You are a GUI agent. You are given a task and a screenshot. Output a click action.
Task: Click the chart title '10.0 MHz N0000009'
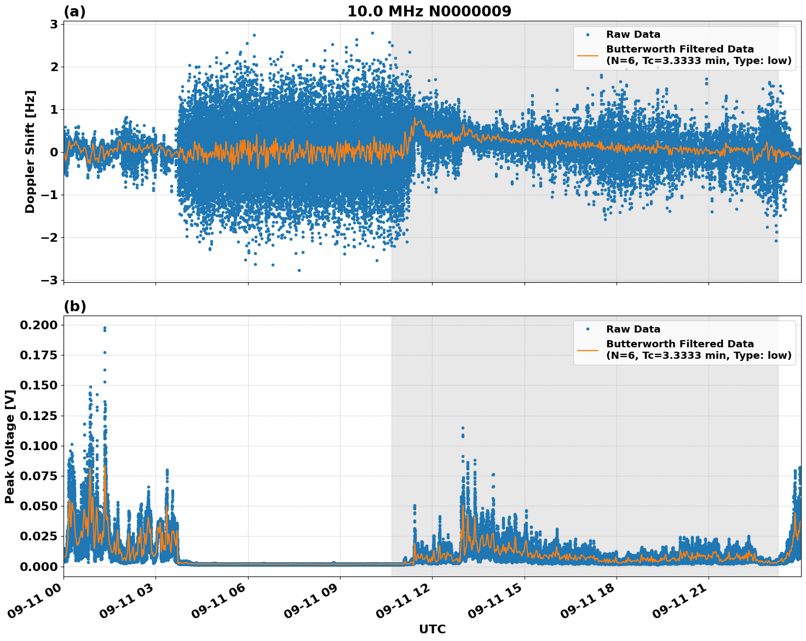coord(429,11)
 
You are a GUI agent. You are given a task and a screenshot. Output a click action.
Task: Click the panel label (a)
coord(74,11)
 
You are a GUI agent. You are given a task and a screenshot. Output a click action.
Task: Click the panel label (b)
coord(74,306)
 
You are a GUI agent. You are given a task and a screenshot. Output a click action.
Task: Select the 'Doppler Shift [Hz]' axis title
coord(30,151)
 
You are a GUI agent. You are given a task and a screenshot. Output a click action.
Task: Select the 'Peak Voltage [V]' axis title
coord(9,446)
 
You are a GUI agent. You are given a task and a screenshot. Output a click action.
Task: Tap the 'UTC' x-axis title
coord(432,630)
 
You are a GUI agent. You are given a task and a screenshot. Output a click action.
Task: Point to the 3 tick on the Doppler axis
coord(54,24)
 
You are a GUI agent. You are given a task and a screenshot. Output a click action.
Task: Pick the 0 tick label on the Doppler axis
coord(54,152)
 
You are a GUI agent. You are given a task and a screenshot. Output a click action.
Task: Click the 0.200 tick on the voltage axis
coord(38,325)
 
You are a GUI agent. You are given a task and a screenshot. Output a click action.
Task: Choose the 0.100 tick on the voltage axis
coord(38,446)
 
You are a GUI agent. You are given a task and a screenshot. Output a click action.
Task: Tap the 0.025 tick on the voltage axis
coord(38,536)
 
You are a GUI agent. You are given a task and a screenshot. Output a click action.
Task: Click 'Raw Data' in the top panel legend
coord(633,34)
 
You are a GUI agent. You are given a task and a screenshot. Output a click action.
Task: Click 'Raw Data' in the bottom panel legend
coord(633,329)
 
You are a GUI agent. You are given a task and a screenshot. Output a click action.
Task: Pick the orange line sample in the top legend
coord(588,55)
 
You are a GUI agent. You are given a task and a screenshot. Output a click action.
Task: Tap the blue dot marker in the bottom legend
coord(588,329)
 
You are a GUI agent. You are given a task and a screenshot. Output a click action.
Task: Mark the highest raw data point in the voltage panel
coord(105,328)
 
